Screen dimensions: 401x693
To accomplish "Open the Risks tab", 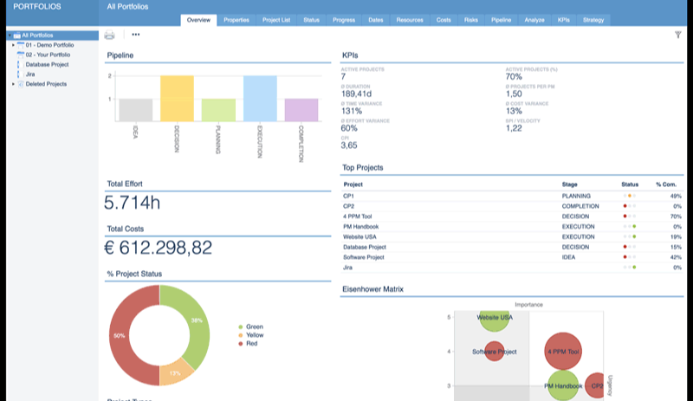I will (470, 19).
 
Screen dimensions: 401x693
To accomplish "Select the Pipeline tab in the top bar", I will (501, 19).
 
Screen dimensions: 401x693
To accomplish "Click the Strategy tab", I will (593, 19).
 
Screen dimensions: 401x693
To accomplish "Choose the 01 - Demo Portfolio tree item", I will (47, 44).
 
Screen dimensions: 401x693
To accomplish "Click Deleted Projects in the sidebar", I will (46, 84).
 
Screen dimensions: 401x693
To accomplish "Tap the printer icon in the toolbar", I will (109, 35).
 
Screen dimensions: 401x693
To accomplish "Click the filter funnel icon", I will (677, 35).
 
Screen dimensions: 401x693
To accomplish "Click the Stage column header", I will (570, 184).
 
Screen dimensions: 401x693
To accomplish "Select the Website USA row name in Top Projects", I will (360, 236).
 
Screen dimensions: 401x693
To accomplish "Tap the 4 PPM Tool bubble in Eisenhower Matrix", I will (563, 352).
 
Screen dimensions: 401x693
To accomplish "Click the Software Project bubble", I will (494, 352).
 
